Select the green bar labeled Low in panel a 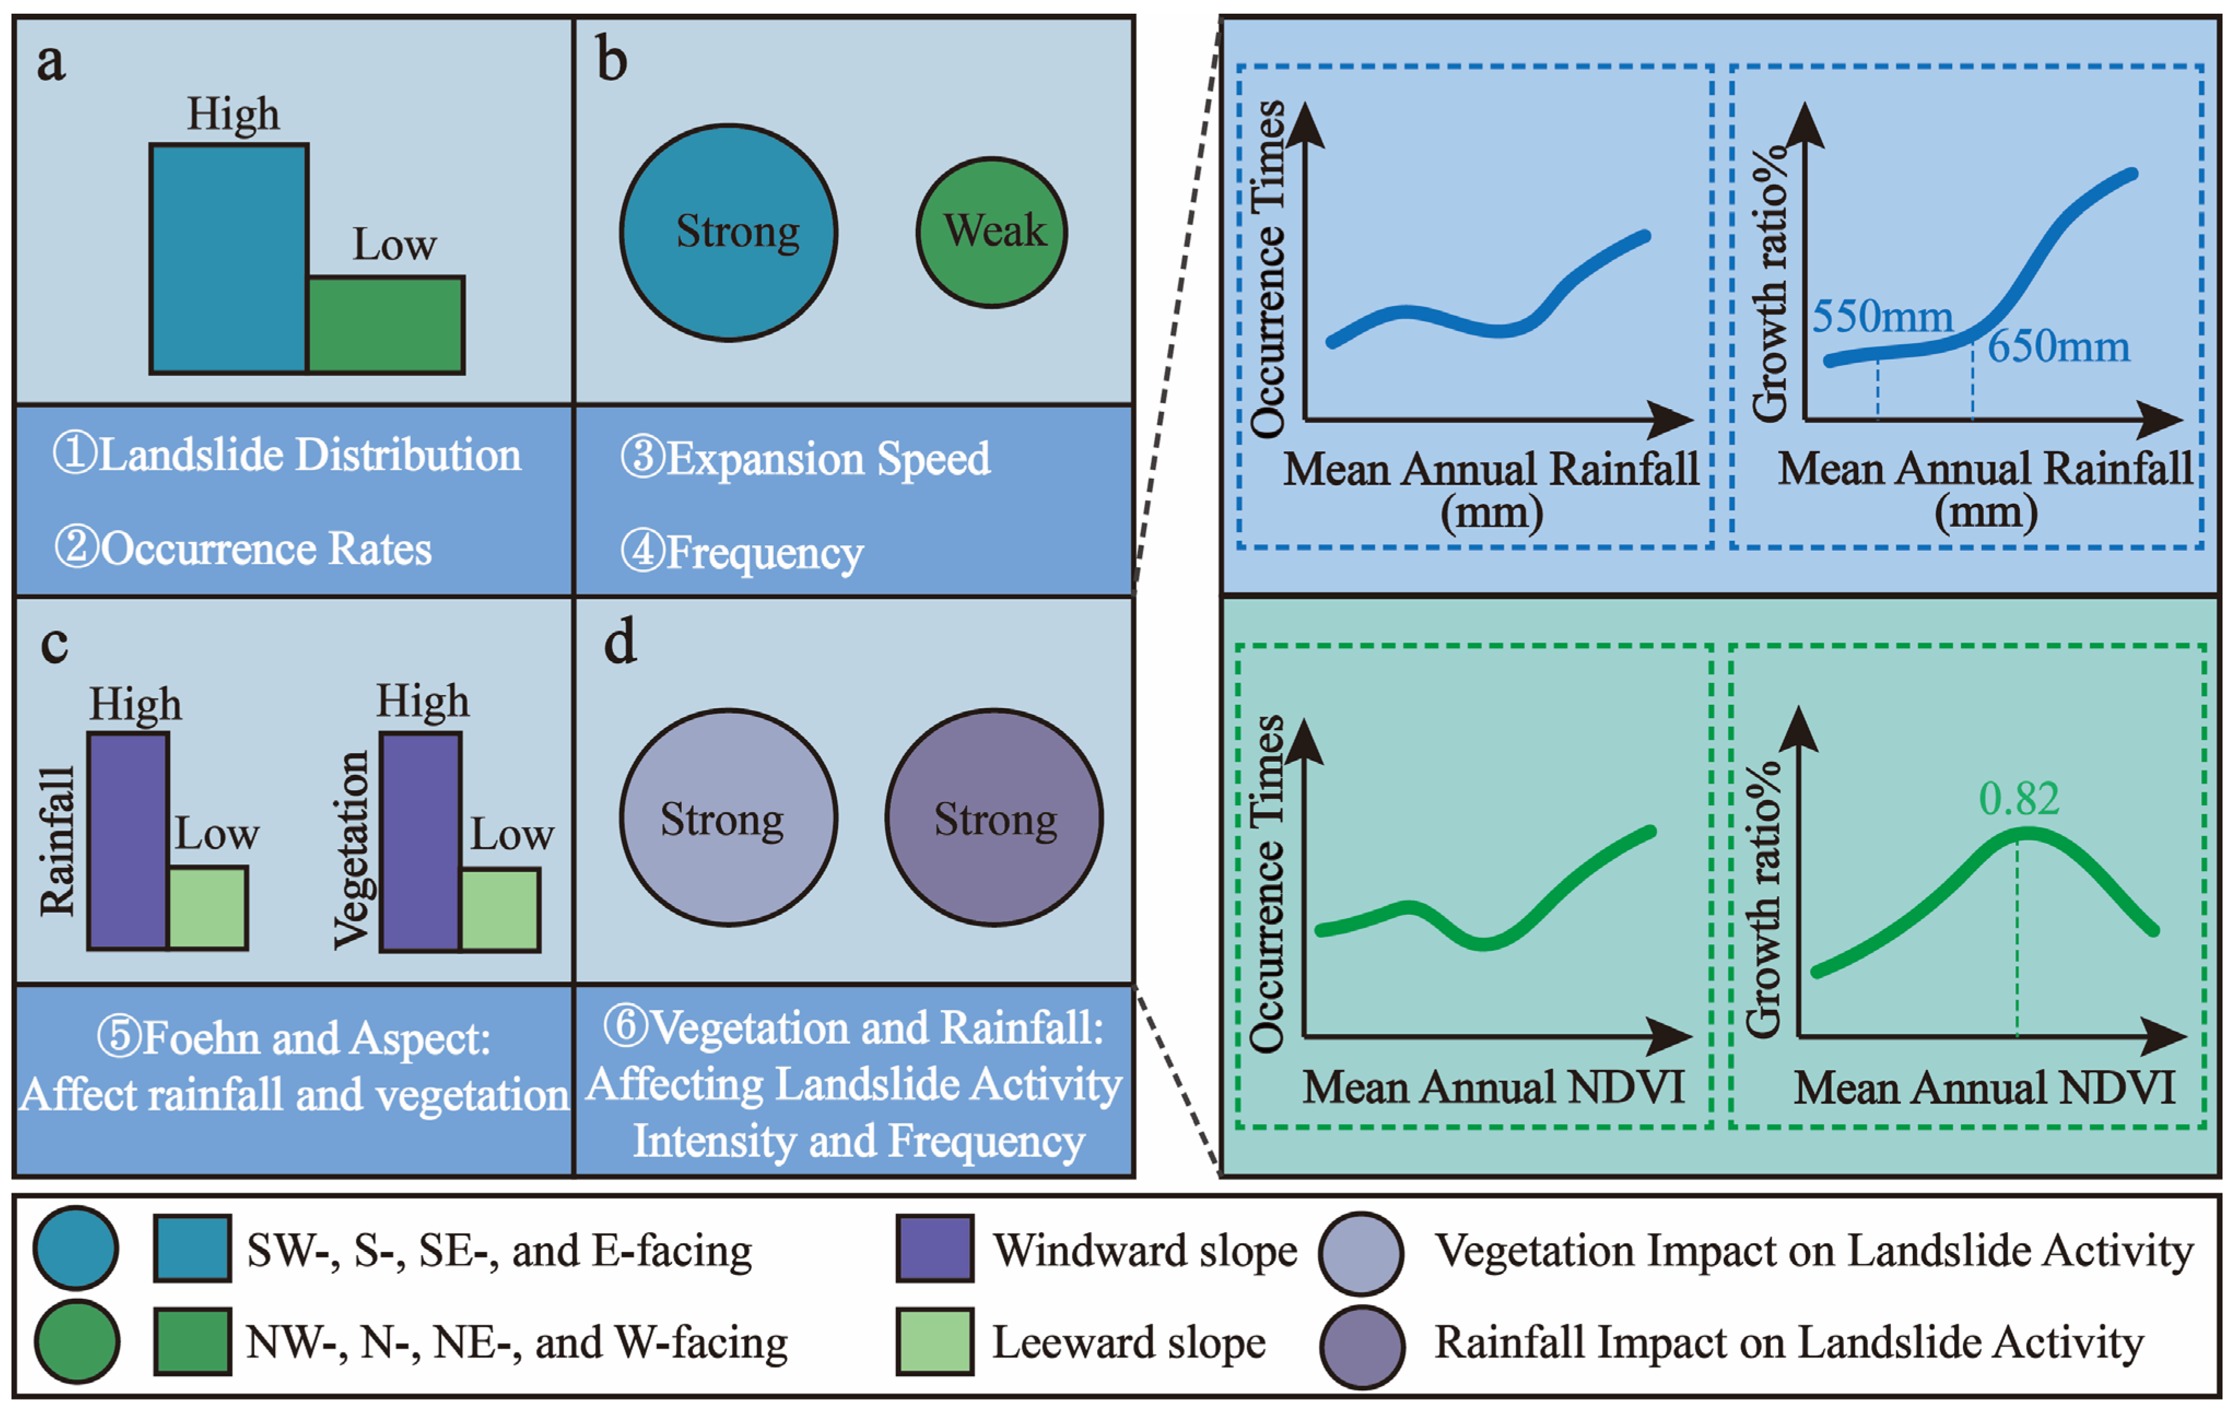pyautogui.click(x=385, y=325)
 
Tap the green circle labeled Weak pyautogui.click(x=992, y=232)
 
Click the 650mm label pyautogui.click(x=2058, y=347)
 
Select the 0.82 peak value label pyautogui.click(x=2019, y=799)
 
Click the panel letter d pyautogui.click(x=620, y=642)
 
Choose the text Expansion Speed pyautogui.click(x=828, y=458)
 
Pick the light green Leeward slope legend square pyautogui.click(x=934, y=1342)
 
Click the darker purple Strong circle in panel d pyautogui.click(x=994, y=817)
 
